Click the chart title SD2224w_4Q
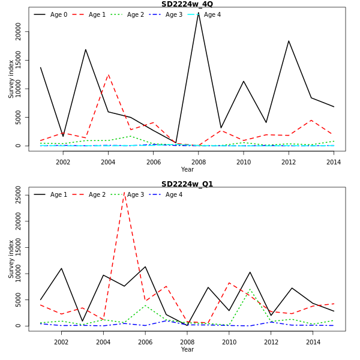[187, 4]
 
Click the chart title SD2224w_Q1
[187, 184]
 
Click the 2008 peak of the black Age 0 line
[198, 13]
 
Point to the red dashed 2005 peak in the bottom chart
[124, 193]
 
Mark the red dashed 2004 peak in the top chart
[108, 75]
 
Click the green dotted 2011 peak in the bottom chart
[250, 289]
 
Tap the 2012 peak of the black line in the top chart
[289, 41]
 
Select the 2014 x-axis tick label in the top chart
[334, 162]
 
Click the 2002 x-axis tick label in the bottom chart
[61, 342]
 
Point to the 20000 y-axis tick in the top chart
[19, 32]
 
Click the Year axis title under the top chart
[187, 170]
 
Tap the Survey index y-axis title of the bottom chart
[11, 259]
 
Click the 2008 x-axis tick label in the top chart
[198, 162]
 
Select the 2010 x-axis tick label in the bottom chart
[229, 342]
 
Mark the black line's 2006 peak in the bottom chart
[145, 266]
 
